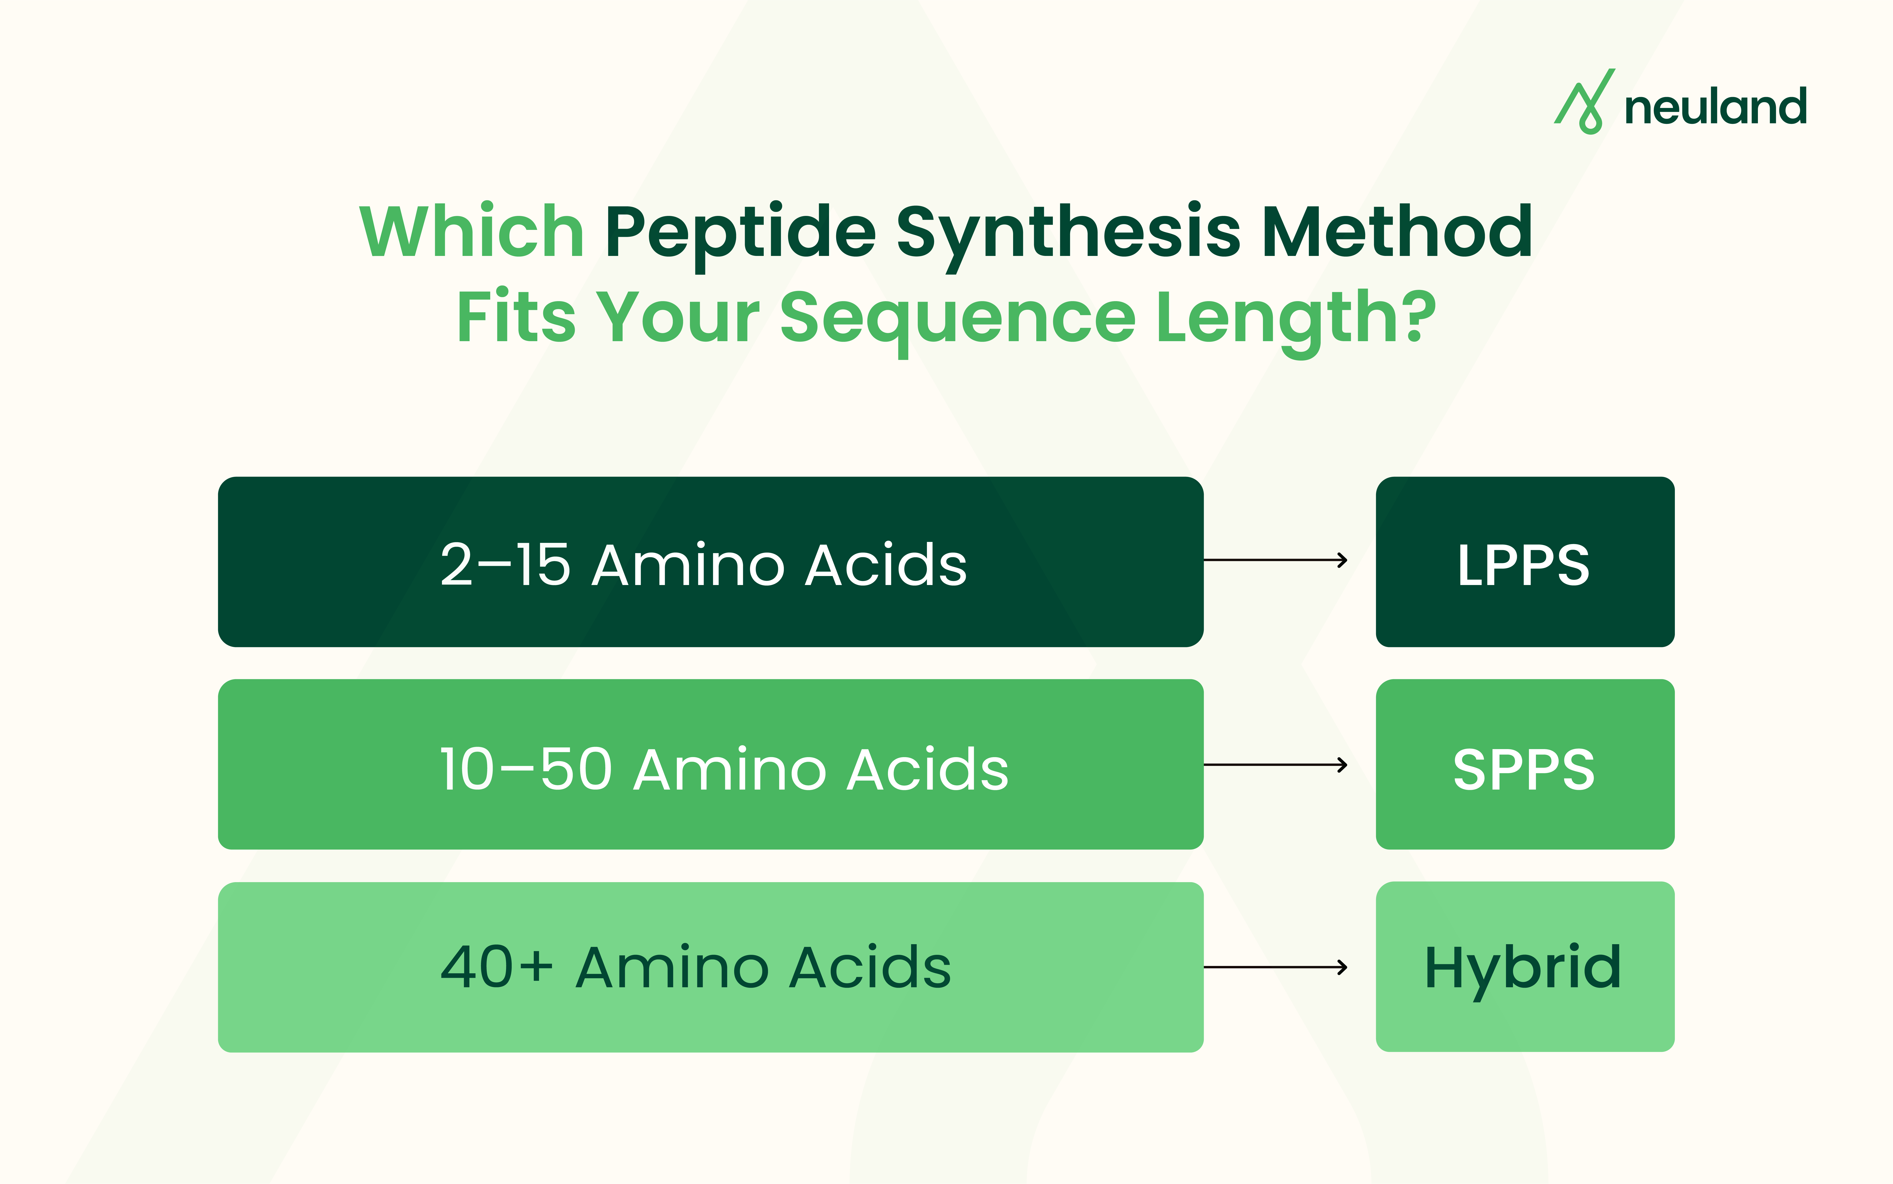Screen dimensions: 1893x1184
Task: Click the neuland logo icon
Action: click(1584, 102)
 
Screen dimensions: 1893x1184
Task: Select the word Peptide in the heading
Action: click(740, 235)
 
